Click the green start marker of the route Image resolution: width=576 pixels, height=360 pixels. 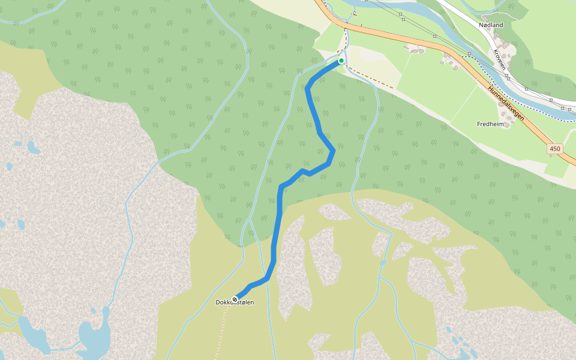click(341, 61)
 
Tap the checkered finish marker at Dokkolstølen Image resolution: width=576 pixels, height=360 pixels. click(235, 298)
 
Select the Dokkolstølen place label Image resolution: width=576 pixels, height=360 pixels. click(235, 303)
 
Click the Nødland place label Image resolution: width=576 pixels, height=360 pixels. click(491, 25)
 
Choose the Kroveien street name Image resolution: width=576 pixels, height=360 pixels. click(499, 59)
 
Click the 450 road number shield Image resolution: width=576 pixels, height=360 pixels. click(554, 148)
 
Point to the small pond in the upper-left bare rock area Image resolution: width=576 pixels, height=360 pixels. click(33, 147)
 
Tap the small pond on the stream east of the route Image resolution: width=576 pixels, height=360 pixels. click(383, 262)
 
